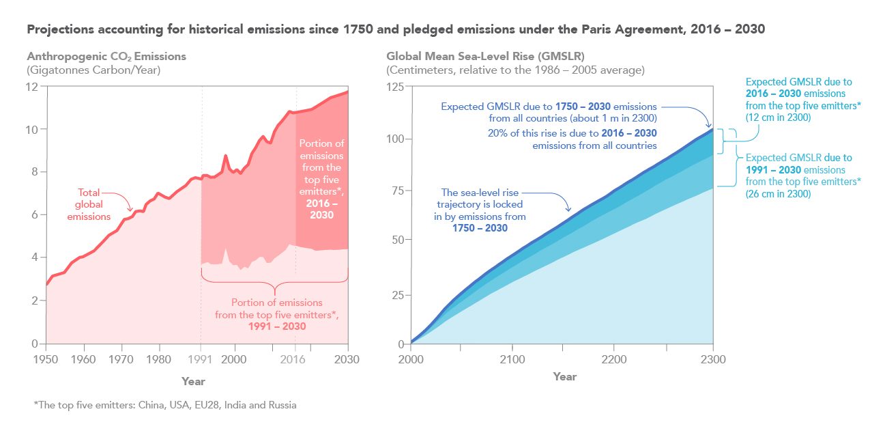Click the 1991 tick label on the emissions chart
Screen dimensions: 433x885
pos(201,358)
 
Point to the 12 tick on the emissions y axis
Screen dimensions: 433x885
pos(31,87)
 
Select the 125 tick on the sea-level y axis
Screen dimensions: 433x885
pos(395,87)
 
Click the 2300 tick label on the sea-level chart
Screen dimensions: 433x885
pos(712,359)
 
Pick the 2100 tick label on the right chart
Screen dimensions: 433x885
pos(512,359)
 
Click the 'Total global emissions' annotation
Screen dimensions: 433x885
pos(94,204)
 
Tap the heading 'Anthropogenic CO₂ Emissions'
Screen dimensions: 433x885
pos(106,57)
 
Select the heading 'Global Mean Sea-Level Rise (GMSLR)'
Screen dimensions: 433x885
pos(485,57)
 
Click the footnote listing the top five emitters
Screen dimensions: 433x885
pos(165,405)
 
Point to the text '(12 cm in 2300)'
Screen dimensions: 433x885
pos(778,117)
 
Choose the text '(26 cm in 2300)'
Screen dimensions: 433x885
pos(778,194)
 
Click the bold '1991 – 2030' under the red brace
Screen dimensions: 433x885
pos(276,326)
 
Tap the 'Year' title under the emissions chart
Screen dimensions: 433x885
pos(193,381)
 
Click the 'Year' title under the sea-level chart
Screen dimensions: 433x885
pos(565,376)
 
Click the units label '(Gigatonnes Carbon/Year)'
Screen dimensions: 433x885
pos(83,70)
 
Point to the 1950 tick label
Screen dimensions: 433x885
pos(46,358)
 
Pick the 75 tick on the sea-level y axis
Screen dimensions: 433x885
pos(398,190)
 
